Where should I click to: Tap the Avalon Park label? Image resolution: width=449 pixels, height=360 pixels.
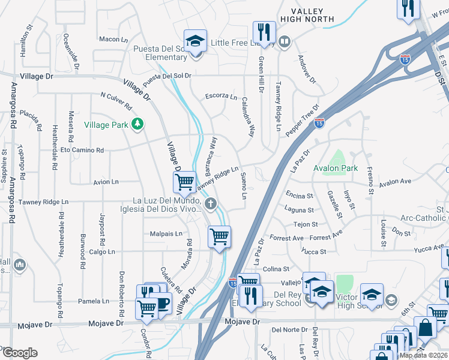point(336,169)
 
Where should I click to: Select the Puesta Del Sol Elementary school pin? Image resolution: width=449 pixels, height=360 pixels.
point(194,43)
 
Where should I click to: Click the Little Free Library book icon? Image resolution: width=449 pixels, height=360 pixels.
point(285,42)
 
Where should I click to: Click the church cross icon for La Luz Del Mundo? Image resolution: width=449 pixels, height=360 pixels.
point(210,205)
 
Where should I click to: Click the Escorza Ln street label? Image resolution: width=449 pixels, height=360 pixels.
point(221,96)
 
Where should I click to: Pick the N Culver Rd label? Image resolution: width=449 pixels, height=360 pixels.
point(116,101)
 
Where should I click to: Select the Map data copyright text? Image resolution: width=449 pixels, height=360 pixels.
point(424,355)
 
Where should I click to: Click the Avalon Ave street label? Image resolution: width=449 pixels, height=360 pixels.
point(395,181)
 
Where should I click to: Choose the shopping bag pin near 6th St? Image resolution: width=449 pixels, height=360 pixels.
point(424,328)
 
